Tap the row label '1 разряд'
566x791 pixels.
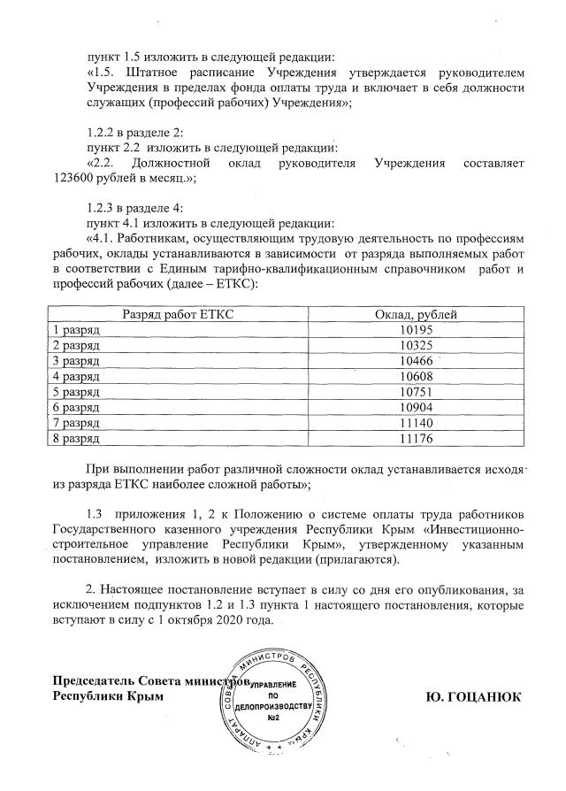(77, 329)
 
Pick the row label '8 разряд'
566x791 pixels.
(77, 437)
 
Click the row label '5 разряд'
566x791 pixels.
(77, 391)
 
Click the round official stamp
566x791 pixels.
(279, 703)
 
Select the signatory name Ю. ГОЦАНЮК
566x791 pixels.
(474, 696)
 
